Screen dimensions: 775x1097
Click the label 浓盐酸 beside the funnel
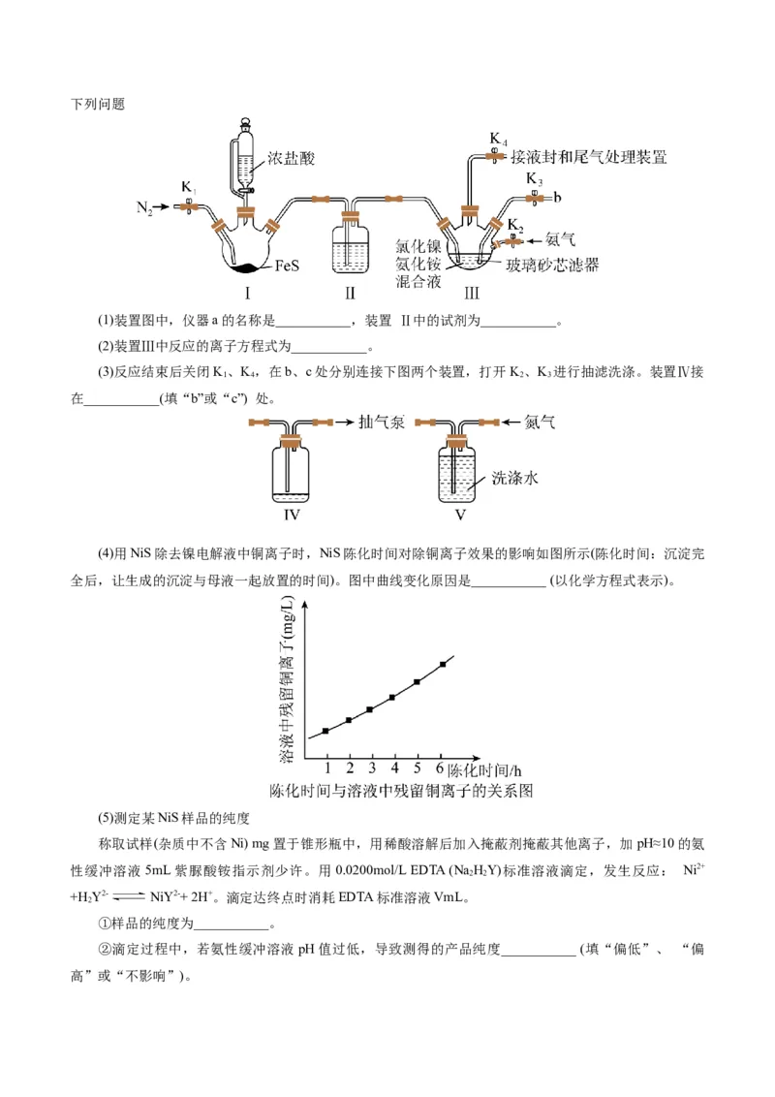[x=292, y=159]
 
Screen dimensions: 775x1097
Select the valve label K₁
[x=189, y=187]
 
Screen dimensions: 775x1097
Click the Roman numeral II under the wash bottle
[x=350, y=292]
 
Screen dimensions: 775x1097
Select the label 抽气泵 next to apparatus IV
[x=381, y=423]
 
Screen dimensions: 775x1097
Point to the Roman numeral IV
[x=292, y=515]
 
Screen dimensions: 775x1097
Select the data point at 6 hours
[x=443, y=664]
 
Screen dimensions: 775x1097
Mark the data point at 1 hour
[x=325, y=731]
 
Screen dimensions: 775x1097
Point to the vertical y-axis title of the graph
[x=288, y=679]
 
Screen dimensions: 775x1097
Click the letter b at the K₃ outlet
[x=557, y=198]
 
